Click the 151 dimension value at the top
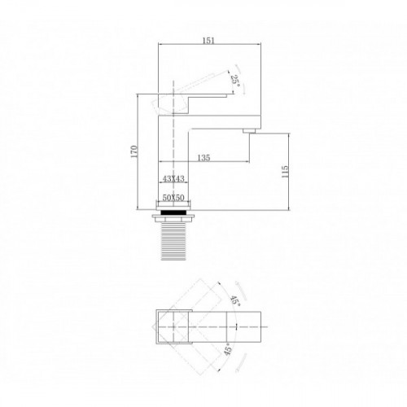click(208, 41)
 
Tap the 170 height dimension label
click(134, 151)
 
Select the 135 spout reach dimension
click(203, 157)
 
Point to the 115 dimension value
click(285, 172)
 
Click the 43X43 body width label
click(173, 178)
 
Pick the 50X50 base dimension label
click(173, 198)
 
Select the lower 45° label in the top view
click(228, 349)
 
